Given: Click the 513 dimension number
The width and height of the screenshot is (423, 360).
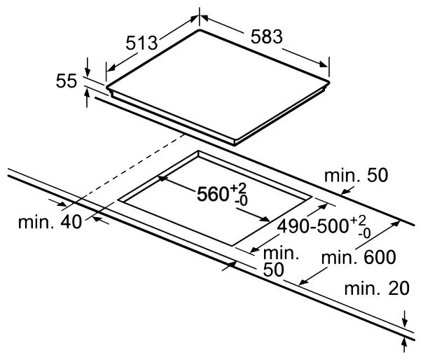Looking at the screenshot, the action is click(x=141, y=43).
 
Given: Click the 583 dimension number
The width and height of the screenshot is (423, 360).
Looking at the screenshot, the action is click(x=267, y=36).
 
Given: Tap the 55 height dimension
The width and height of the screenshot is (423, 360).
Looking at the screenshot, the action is click(x=67, y=81).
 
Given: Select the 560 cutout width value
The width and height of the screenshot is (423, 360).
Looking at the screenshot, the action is click(x=213, y=194).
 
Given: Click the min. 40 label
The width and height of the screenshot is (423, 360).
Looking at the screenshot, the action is click(x=50, y=222).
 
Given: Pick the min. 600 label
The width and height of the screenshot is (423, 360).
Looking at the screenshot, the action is click(x=359, y=257).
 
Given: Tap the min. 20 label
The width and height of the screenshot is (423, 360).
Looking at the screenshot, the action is click(x=377, y=289).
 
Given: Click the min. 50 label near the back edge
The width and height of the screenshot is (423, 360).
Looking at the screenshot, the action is click(x=356, y=175).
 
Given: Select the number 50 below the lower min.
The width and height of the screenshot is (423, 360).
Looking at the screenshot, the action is click(x=274, y=270).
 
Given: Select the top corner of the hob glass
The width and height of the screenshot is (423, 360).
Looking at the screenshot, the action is click(x=200, y=29).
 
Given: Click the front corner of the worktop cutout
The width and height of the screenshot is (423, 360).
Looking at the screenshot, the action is click(x=232, y=246).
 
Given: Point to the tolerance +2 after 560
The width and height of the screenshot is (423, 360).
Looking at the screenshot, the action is click(x=238, y=188).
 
